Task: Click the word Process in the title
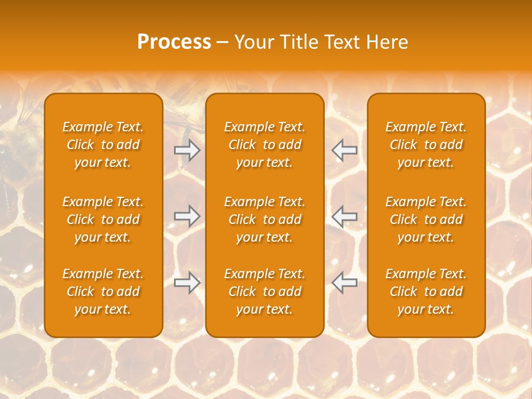[x=174, y=42]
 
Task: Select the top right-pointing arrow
[x=187, y=150]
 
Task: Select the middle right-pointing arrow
[x=187, y=216]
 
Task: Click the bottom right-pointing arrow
[x=187, y=283]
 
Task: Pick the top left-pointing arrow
[x=345, y=150]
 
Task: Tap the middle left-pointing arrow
[x=345, y=216]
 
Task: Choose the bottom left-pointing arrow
[x=345, y=283]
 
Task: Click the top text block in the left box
[x=103, y=145]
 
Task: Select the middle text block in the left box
[x=103, y=219]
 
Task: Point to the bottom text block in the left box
[x=103, y=291]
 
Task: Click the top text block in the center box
[x=264, y=145]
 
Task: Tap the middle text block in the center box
[x=264, y=219]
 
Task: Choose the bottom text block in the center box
[x=264, y=291]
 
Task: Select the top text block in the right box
[x=426, y=145]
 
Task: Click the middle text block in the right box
[x=426, y=219]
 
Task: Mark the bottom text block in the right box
[x=426, y=291]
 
